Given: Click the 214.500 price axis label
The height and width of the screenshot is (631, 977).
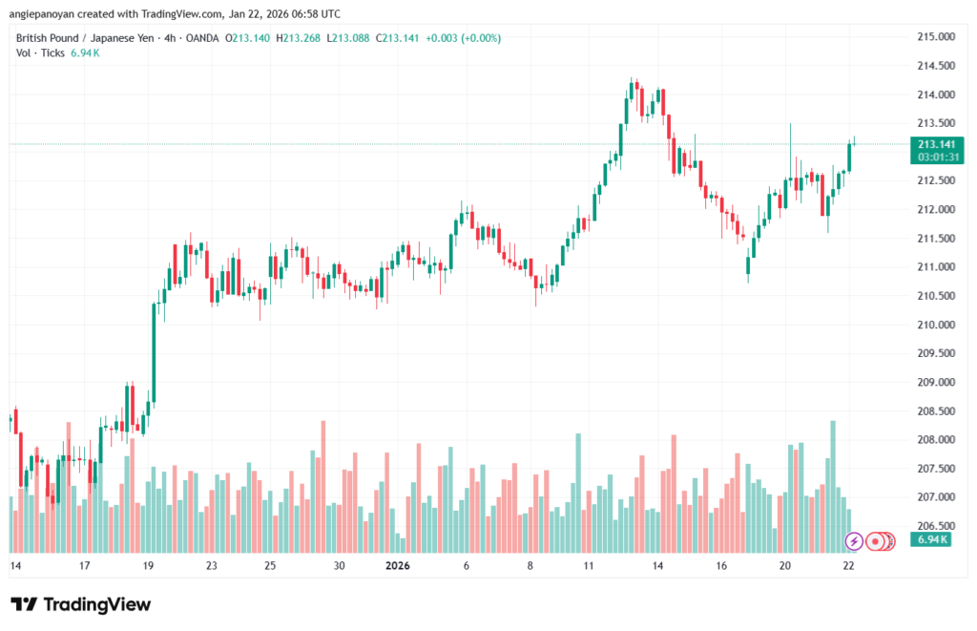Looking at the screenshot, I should pyautogui.click(x=934, y=66).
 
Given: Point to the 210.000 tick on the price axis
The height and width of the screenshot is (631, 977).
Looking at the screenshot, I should pyautogui.click(x=934, y=325).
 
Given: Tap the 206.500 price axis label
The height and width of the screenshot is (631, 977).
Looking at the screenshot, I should pyautogui.click(x=934, y=526).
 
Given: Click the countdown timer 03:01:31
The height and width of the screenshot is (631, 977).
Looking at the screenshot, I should pyautogui.click(x=936, y=157).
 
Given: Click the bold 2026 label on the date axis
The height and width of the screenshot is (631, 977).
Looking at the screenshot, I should pyautogui.click(x=397, y=565).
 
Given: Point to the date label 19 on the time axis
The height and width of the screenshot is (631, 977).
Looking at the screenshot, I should pyautogui.click(x=148, y=565).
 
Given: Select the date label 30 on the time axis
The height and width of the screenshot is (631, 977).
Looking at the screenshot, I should pyautogui.click(x=339, y=565).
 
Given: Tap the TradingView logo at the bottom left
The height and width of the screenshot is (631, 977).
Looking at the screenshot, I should pyautogui.click(x=80, y=604).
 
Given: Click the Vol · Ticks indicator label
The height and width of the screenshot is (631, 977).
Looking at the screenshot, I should pyautogui.click(x=41, y=53).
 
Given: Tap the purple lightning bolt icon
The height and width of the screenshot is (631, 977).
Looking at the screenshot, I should pyautogui.click(x=855, y=541).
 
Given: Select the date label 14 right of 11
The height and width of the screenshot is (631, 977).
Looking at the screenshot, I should pyautogui.click(x=657, y=565).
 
